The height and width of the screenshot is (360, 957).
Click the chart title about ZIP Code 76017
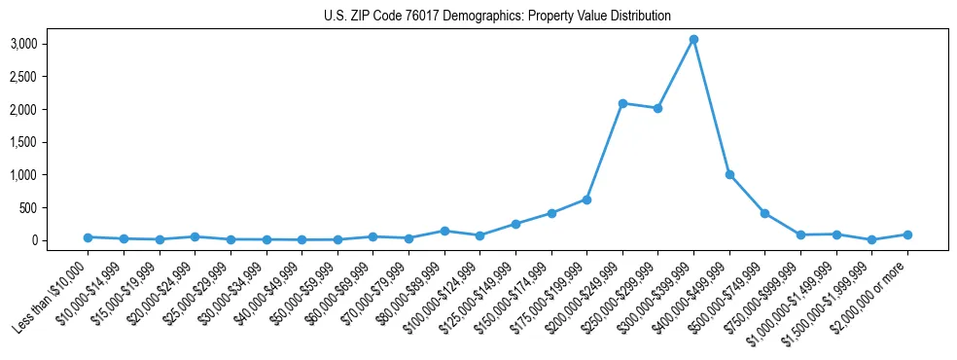click(x=497, y=17)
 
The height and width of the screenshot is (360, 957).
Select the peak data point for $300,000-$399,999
click(x=693, y=40)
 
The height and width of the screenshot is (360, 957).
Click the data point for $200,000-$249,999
click(x=622, y=103)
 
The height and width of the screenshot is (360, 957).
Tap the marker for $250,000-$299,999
click(x=657, y=108)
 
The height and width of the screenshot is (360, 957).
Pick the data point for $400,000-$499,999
click(x=729, y=175)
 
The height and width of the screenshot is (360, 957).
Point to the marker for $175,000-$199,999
click(x=586, y=199)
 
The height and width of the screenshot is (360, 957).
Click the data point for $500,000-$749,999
click(x=764, y=213)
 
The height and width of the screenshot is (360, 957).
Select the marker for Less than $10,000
click(x=88, y=237)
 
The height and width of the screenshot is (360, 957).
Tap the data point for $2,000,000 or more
click(x=907, y=234)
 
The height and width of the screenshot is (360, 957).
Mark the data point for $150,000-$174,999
click(x=551, y=213)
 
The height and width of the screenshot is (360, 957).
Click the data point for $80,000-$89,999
click(x=444, y=231)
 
